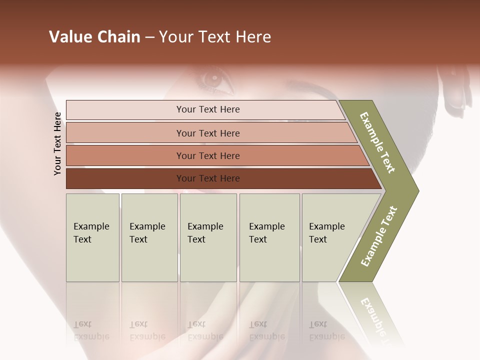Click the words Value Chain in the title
click(94, 37)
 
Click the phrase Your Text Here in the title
click(215, 37)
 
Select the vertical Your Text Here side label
click(57, 143)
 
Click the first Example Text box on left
click(92, 237)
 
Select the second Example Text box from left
click(149, 237)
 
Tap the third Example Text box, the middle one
click(208, 237)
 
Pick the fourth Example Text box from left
click(269, 237)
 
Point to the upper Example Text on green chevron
click(377, 142)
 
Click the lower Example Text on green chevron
click(378, 236)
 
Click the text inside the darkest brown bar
click(208, 178)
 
